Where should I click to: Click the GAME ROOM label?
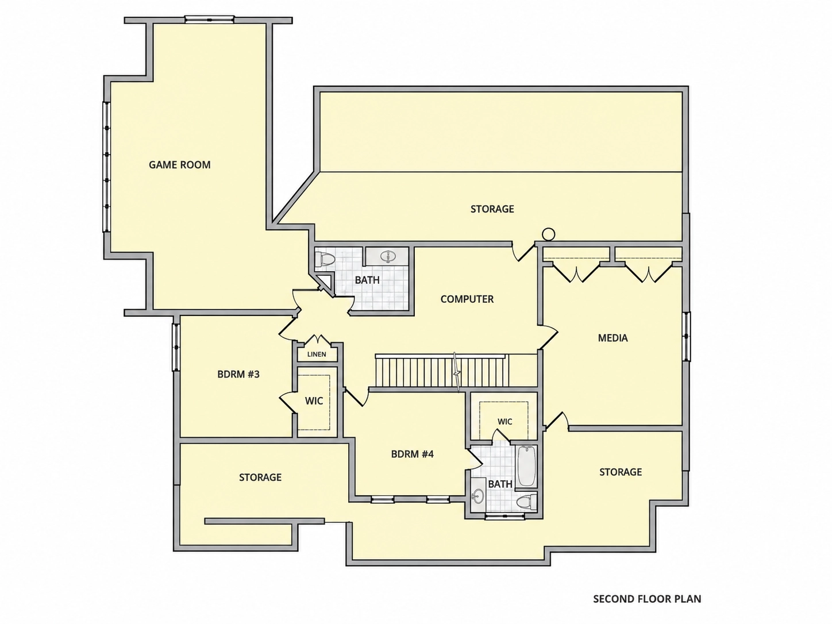(x=179, y=165)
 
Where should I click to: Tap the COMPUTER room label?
(x=467, y=299)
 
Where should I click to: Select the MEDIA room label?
(x=613, y=338)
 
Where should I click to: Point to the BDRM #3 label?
(x=238, y=374)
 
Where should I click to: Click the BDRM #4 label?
(x=413, y=454)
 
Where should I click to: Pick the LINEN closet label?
(x=317, y=355)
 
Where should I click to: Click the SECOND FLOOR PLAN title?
(x=647, y=599)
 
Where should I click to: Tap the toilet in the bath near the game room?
(x=325, y=260)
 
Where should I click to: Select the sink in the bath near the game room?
(x=387, y=256)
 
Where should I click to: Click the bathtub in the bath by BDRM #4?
(x=526, y=466)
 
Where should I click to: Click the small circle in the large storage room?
(x=548, y=234)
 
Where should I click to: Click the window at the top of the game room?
(x=209, y=20)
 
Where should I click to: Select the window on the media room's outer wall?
(x=686, y=337)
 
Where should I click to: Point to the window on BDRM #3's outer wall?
(x=176, y=346)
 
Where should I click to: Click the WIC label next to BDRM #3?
(x=314, y=400)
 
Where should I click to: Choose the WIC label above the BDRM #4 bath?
(x=505, y=422)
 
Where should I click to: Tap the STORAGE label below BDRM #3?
(x=260, y=477)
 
